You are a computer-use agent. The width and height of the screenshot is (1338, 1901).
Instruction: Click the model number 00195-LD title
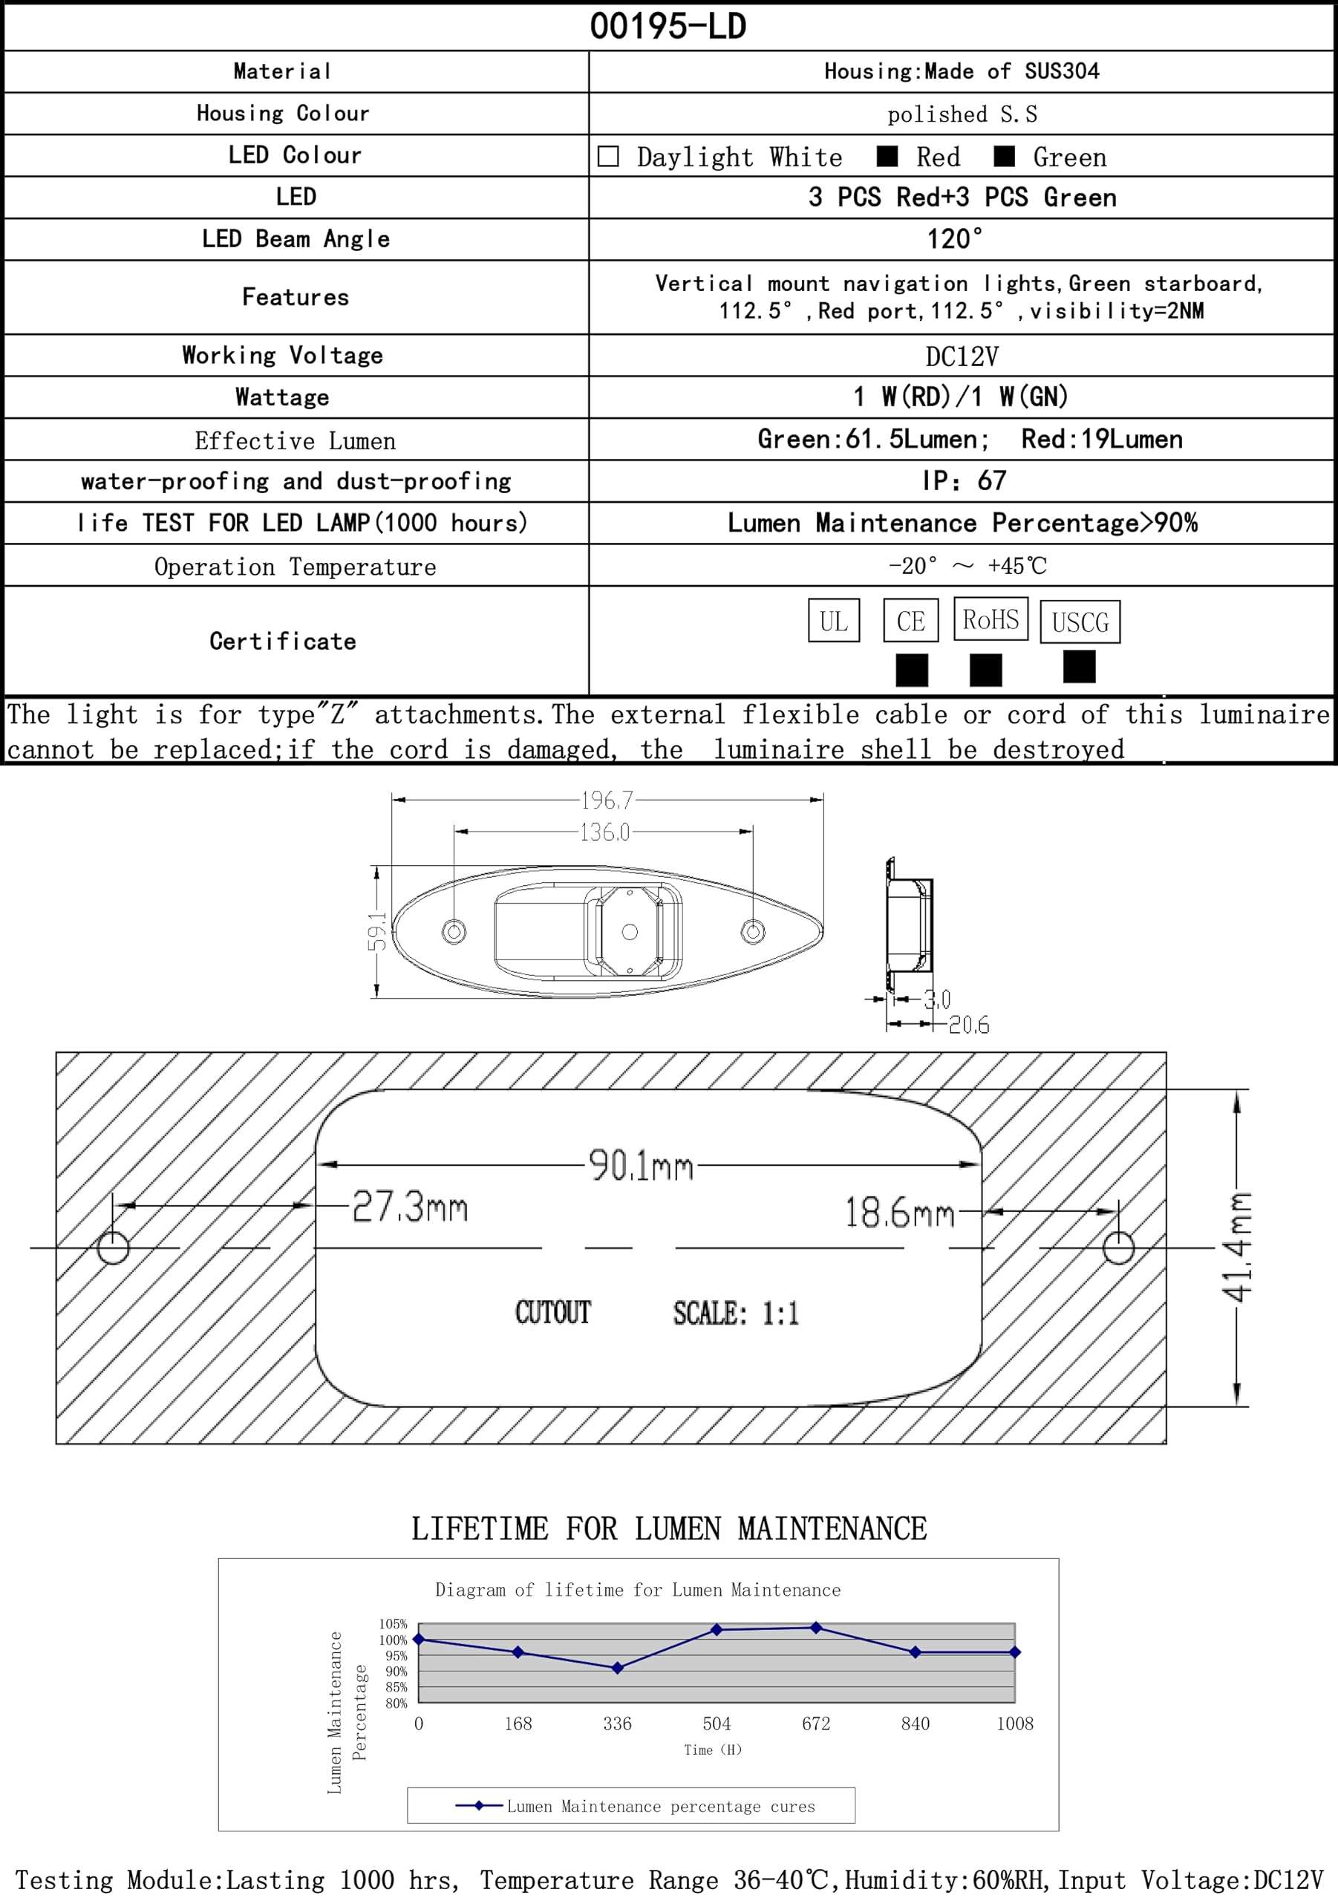(668, 27)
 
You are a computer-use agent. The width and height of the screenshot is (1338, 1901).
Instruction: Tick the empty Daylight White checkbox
(607, 157)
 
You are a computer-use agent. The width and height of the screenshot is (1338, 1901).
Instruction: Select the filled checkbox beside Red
(887, 157)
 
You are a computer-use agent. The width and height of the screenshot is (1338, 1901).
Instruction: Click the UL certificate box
(833, 621)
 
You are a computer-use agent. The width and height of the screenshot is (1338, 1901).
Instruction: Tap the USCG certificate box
(1080, 622)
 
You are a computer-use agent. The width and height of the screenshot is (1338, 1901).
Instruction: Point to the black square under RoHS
(985, 670)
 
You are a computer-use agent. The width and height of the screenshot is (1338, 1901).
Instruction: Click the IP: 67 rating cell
(964, 481)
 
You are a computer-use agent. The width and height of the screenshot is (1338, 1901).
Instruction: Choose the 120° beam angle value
(955, 239)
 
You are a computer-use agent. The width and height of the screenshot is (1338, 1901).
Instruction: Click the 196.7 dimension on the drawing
(607, 800)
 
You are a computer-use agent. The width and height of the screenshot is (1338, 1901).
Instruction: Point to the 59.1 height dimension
(377, 931)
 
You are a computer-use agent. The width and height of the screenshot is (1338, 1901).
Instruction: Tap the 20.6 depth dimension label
(969, 1026)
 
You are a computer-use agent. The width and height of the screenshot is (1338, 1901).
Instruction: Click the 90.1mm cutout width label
(641, 1166)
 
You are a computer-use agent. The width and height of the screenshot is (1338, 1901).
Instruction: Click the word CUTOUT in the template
(552, 1312)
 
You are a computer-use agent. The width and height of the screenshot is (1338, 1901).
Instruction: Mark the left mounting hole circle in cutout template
(114, 1248)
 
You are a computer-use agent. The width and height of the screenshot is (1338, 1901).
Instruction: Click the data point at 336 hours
(617, 1669)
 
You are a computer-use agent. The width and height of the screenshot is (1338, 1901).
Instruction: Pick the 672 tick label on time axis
(815, 1724)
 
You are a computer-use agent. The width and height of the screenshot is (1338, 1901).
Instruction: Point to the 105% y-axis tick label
(394, 1623)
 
